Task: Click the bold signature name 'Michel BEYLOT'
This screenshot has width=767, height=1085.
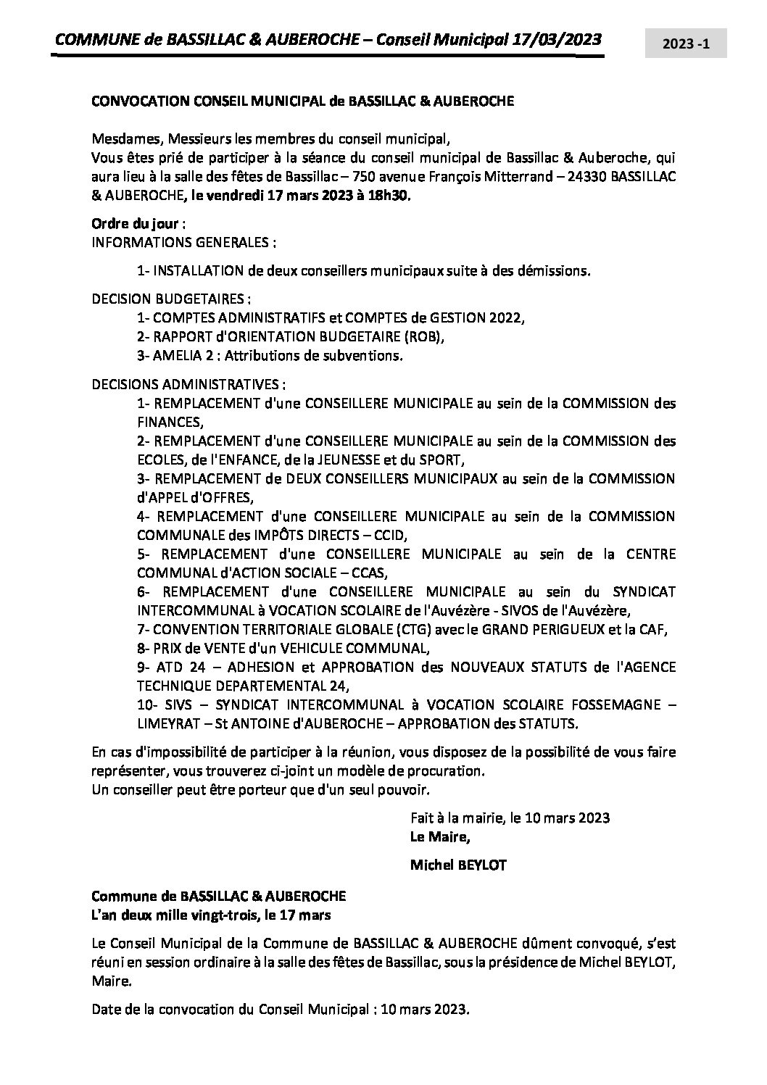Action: coord(458,864)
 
